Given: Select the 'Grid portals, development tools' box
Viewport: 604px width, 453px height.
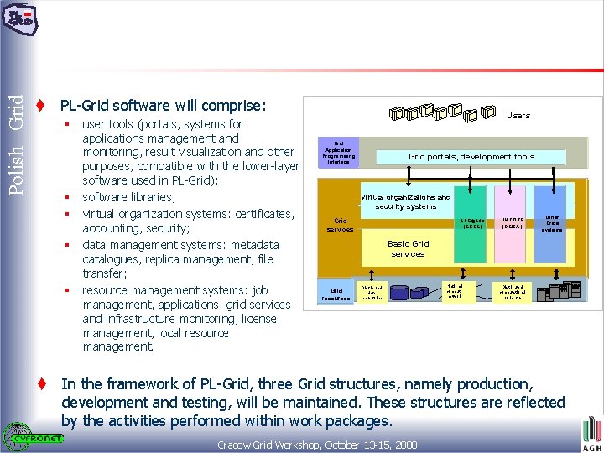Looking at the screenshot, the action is pyautogui.click(x=471, y=157).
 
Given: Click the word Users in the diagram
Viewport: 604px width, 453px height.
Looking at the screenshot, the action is pyautogui.click(x=518, y=115).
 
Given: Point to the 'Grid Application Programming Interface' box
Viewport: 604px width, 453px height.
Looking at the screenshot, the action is pyautogui.click(x=339, y=153).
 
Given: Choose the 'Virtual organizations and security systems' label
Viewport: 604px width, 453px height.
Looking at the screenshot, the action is pyautogui.click(x=406, y=202).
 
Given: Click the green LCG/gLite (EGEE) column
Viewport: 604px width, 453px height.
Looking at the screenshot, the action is pyautogui.click(x=471, y=235).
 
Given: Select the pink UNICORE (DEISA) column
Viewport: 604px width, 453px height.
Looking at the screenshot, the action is pyautogui.click(x=513, y=235).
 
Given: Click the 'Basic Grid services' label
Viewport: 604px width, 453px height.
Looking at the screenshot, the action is pyautogui.click(x=408, y=248).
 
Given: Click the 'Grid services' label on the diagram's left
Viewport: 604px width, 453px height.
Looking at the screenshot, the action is pyautogui.click(x=340, y=225).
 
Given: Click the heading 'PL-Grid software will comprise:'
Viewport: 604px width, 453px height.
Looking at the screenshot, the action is pyautogui.click(x=163, y=107).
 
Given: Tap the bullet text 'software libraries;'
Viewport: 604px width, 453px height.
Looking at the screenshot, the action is pyautogui.click(x=128, y=197).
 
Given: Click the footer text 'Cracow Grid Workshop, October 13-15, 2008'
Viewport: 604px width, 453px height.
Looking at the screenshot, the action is pyautogui.click(x=317, y=444).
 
